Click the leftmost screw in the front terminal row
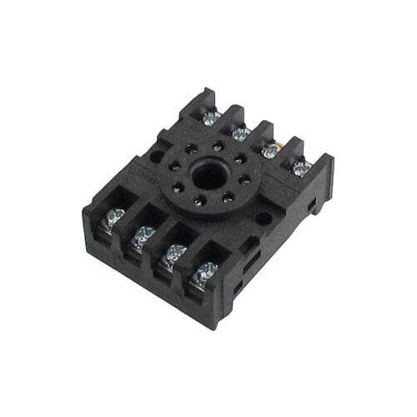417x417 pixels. [x=112, y=219]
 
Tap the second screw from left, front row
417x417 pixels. [x=143, y=237]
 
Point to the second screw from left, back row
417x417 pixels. [x=241, y=133]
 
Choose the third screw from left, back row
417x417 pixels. [x=271, y=150]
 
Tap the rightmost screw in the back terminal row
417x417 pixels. [x=301, y=167]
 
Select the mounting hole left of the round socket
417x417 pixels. [x=156, y=155]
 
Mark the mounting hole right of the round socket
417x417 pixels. [x=264, y=219]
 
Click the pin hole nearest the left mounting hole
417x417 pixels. [x=175, y=165]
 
